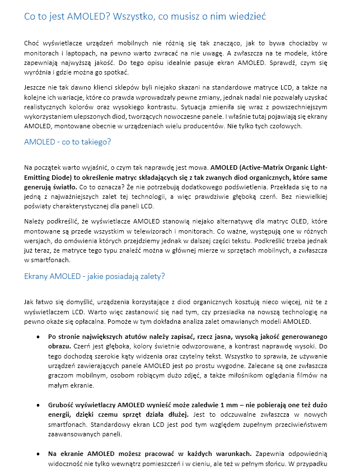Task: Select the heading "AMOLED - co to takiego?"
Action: (x=68, y=142)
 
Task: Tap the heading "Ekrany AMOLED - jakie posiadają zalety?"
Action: (x=95, y=276)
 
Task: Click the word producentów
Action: (x=192, y=126)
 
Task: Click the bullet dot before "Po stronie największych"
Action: (x=38, y=338)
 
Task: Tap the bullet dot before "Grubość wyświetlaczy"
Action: (x=38, y=403)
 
